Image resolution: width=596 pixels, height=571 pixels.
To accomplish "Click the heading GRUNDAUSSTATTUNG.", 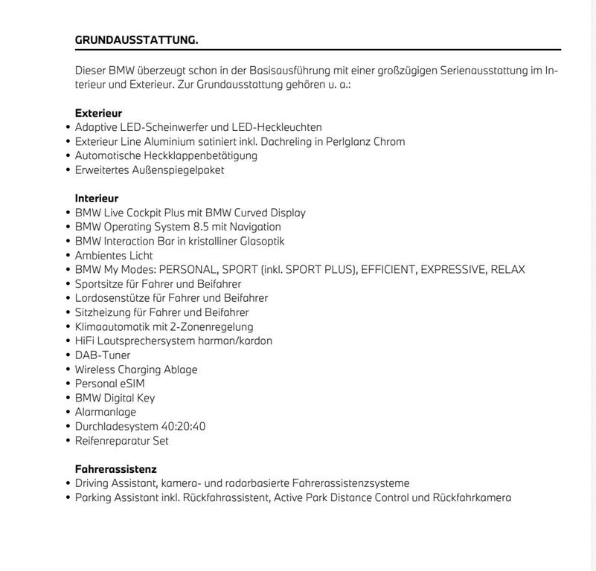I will pos(136,40).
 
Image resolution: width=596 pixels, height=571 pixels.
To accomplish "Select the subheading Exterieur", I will pos(98,113).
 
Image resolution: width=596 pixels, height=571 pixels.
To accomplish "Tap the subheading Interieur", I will pos(97,199).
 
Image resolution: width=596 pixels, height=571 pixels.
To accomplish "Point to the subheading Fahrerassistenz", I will pos(115,469).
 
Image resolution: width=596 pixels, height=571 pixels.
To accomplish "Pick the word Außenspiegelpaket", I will pos(179,170).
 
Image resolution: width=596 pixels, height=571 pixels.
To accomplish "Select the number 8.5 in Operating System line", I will pos(202,227).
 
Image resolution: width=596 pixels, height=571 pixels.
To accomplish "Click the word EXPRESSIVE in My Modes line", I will pos(453,269).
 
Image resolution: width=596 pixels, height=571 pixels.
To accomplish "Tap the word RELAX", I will pos(507,269).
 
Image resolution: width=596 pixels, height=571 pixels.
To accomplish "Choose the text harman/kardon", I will pos(234,341).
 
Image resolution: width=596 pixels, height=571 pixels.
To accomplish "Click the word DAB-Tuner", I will pos(103,355).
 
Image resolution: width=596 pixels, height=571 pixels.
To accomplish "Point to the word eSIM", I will pos(131,384).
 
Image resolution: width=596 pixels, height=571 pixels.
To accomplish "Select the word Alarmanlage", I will pos(106,412).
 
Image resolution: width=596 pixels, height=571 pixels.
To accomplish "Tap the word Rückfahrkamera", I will pos(472,497).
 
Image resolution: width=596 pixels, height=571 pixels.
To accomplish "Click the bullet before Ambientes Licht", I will pos(68,256).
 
